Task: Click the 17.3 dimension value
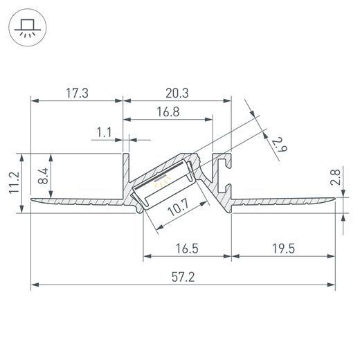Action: tap(77, 93)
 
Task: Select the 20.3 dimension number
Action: tap(177, 93)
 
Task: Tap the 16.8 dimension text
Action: tap(168, 112)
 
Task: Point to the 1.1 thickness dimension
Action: tap(104, 132)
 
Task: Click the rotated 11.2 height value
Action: tap(14, 183)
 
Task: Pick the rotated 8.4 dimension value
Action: tap(43, 176)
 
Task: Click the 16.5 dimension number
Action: tap(187, 249)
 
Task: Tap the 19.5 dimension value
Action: tap(283, 249)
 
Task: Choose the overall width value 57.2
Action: tap(183, 277)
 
